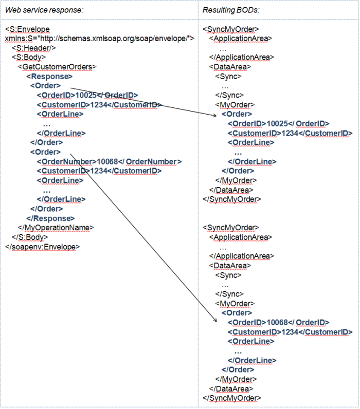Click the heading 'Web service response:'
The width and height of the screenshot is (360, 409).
[x=44, y=10]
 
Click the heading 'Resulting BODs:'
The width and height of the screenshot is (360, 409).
[x=231, y=10]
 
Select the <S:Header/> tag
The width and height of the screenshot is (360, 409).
[x=33, y=48]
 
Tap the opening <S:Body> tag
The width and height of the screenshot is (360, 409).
[x=29, y=58]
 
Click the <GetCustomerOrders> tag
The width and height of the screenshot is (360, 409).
[x=57, y=67]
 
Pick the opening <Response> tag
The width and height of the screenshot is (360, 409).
[x=49, y=77]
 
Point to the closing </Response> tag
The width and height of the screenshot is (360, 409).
[x=50, y=218]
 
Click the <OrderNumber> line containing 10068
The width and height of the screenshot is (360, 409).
[x=109, y=162]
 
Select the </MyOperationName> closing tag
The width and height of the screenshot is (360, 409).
[x=56, y=228]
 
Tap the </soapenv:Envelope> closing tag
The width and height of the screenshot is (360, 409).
[x=42, y=247]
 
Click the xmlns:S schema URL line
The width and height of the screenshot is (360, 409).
[x=99, y=39]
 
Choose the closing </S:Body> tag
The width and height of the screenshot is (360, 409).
[x=30, y=237]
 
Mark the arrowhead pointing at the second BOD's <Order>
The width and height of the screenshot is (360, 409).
[x=215, y=320]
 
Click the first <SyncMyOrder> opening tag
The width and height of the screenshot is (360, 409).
[x=231, y=29]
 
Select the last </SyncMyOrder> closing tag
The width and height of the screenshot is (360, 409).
[x=232, y=398]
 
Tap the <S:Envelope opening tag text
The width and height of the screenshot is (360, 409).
[x=27, y=29]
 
